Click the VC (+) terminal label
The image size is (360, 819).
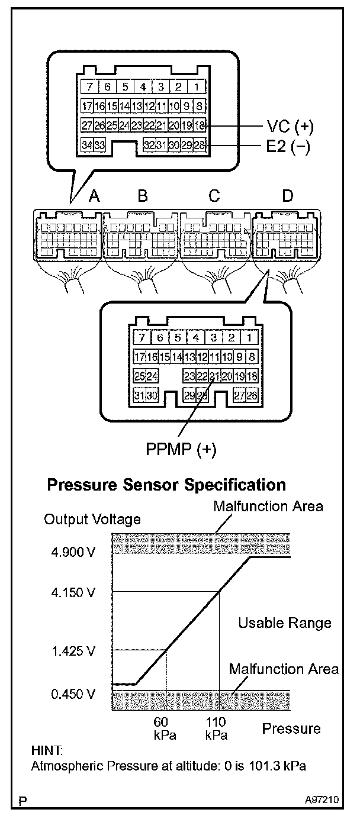pos(290,127)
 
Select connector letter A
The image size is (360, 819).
pos(93,196)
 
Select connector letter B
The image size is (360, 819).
pos(142,196)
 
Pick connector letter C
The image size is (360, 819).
pos(215,196)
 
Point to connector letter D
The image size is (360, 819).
pos(287,196)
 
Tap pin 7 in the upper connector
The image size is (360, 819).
pos(89,86)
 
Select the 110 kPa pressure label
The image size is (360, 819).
pos(216,728)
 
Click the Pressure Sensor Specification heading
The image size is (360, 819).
pos(166,485)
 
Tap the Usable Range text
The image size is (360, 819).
pos(285,623)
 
